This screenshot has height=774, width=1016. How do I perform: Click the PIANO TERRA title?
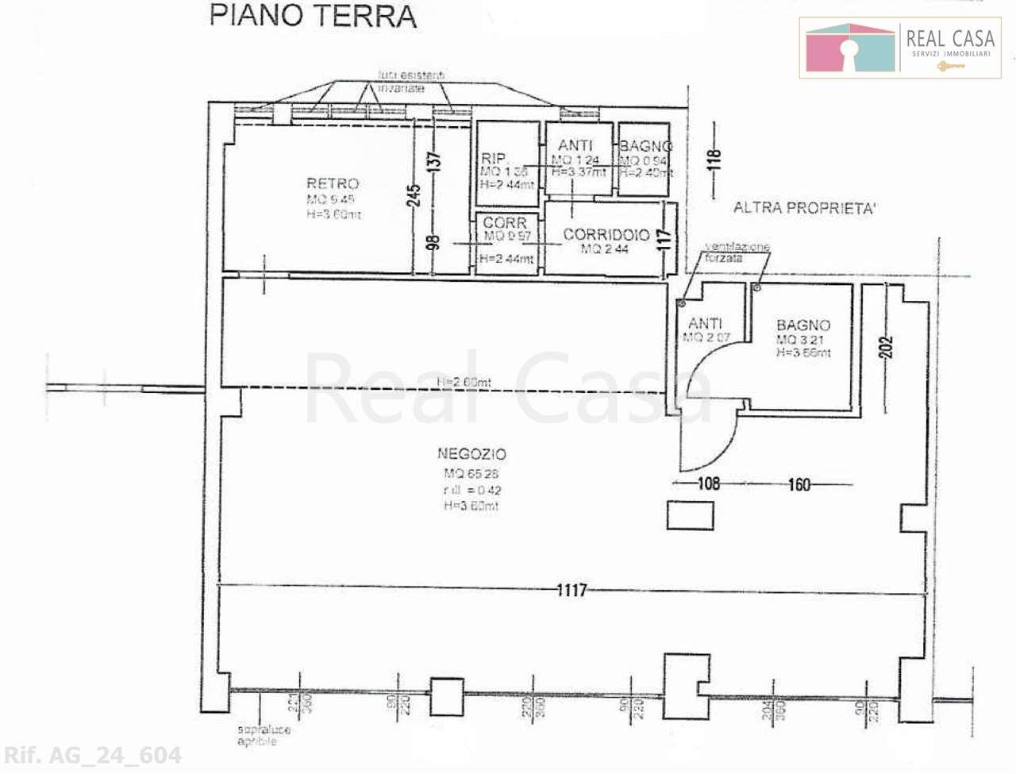coord(313,16)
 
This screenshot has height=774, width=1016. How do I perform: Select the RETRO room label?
coord(333,183)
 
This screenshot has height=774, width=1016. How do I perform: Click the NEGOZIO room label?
coord(471,454)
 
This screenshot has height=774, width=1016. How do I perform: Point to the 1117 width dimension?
coord(571,590)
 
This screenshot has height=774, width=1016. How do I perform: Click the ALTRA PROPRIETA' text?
coord(804,208)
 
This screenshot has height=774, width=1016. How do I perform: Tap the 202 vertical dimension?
coord(887,347)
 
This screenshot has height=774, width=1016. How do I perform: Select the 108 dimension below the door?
coord(708,483)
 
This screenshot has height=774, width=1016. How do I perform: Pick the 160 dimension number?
coord(799,483)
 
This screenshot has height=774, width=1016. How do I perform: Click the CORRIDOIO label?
coord(606,235)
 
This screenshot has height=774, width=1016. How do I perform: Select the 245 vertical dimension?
coord(414,195)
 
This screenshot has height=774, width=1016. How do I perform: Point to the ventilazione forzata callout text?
coord(737,252)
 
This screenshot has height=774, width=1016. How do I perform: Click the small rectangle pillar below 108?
coord(690,516)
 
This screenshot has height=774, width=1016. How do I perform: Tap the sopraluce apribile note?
coord(264,735)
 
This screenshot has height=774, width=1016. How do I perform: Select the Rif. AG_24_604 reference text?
coord(93,755)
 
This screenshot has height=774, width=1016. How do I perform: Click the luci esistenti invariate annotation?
coord(411,82)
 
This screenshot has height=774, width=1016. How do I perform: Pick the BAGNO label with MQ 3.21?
coord(803,325)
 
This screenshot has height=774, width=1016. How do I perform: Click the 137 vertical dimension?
coord(433,161)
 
